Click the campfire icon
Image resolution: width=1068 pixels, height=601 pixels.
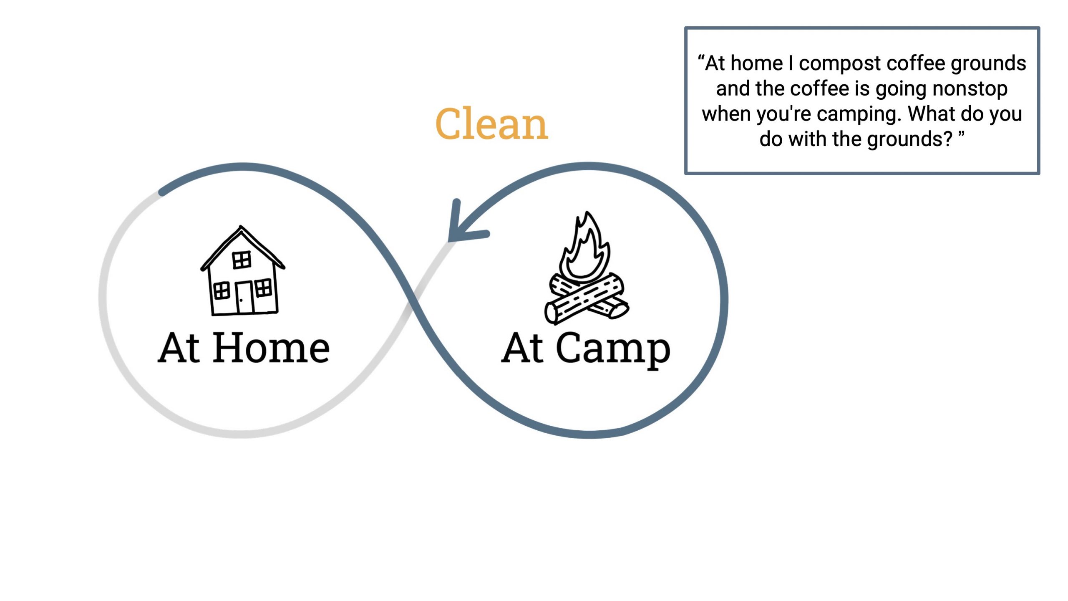pos(586,271)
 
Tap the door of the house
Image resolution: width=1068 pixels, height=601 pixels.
pos(245,297)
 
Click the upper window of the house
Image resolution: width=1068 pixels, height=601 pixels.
pos(242,260)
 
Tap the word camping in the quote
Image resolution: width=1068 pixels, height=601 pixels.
pos(859,114)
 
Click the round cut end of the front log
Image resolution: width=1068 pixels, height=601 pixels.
pos(551,313)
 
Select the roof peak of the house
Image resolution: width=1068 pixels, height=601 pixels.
pos(241,228)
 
